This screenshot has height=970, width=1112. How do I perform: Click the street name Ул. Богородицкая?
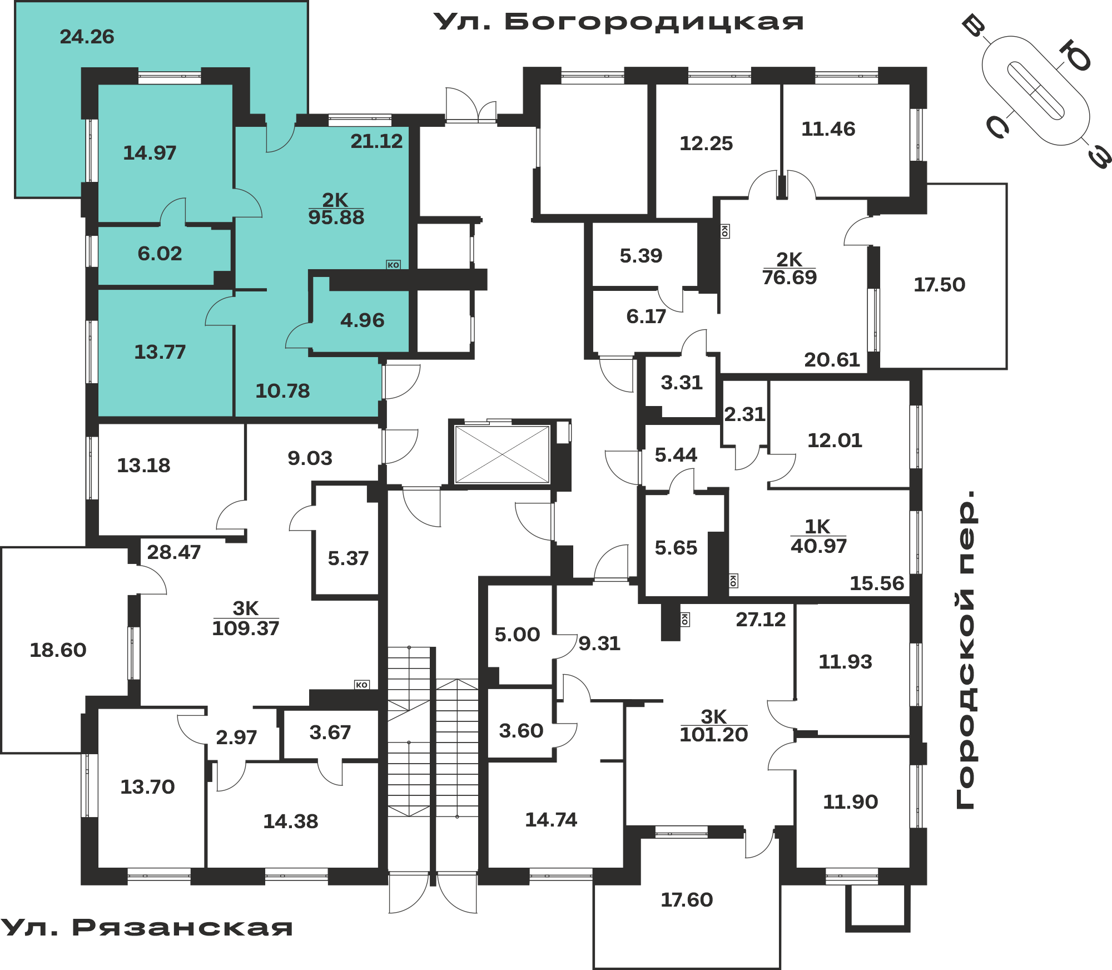tap(618, 22)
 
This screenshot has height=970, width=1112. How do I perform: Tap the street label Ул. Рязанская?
tap(146, 927)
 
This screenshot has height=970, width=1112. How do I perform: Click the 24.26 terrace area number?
tap(87, 37)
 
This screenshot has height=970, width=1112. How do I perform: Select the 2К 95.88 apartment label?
tap(336, 209)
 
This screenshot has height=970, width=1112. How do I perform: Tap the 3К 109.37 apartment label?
tap(245, 618)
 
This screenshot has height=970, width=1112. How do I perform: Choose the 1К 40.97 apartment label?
tap(818, 537)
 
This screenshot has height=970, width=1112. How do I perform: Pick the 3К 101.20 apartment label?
tap(714, 726)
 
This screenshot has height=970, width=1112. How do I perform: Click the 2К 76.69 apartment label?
tap(790, 269)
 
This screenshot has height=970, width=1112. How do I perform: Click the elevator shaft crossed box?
tap(502, 454)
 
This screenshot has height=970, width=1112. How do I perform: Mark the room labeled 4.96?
tap(363, 320)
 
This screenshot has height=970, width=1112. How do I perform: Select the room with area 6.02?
tap(160, 254)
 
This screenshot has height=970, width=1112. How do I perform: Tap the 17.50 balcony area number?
tap(940, 285)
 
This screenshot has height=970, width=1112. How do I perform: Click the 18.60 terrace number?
tap(58, 650)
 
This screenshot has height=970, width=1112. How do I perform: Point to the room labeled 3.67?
tap(330, 733)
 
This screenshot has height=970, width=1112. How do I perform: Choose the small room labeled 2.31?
tap(744, 414)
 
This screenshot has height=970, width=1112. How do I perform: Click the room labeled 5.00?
tap(517, 635)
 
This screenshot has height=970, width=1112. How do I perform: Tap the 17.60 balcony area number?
tap(687, 900)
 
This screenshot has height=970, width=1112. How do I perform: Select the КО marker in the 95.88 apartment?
tap(394, 265)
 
